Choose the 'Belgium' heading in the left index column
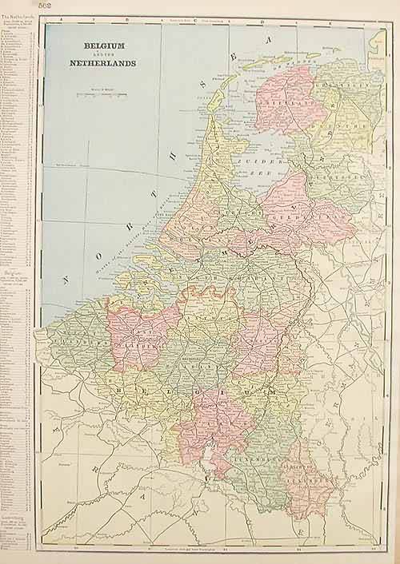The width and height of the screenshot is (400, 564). click(x=14, y=271)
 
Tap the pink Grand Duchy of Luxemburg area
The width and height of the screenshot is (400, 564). click(x=308, y=484)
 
